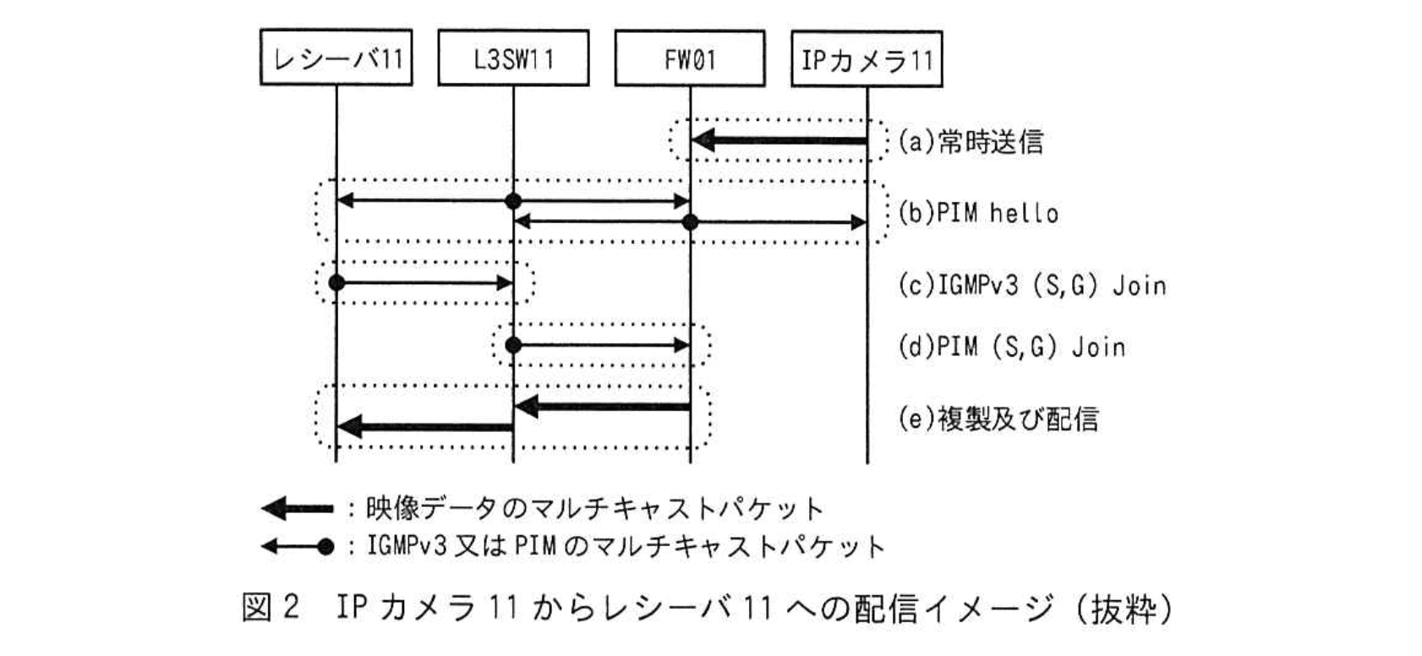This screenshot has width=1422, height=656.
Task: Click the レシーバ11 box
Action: click(336, 59)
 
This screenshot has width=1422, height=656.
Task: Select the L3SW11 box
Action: click(513, 59)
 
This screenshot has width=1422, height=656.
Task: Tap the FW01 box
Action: click(690, 59)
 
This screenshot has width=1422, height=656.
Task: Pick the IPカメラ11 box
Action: click(867, 59)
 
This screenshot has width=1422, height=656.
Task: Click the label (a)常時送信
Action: click(971, 141)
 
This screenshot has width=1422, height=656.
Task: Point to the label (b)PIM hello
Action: click(978, 212)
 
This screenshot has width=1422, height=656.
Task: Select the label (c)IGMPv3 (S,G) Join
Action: click(1031, 285)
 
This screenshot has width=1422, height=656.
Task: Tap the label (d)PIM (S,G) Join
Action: click(1011, 347)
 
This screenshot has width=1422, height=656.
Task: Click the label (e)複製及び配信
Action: click(998, 418)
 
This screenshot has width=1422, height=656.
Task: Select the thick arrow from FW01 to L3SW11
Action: click(602, 407)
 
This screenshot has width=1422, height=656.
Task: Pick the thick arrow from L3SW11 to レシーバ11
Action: click(424, 427)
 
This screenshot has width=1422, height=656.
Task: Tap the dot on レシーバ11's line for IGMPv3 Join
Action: click(336, 282)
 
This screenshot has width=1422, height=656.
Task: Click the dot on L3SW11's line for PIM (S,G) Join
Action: click(512, 345)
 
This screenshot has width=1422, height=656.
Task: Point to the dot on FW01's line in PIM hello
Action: click(690, 222)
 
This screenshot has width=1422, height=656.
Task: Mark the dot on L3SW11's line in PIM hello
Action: click(512, 201)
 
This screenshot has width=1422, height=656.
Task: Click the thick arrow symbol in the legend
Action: click(297, 508)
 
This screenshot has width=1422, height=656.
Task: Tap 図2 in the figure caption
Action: click(271, 608)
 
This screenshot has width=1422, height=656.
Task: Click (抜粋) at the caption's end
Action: click(1124, 608)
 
